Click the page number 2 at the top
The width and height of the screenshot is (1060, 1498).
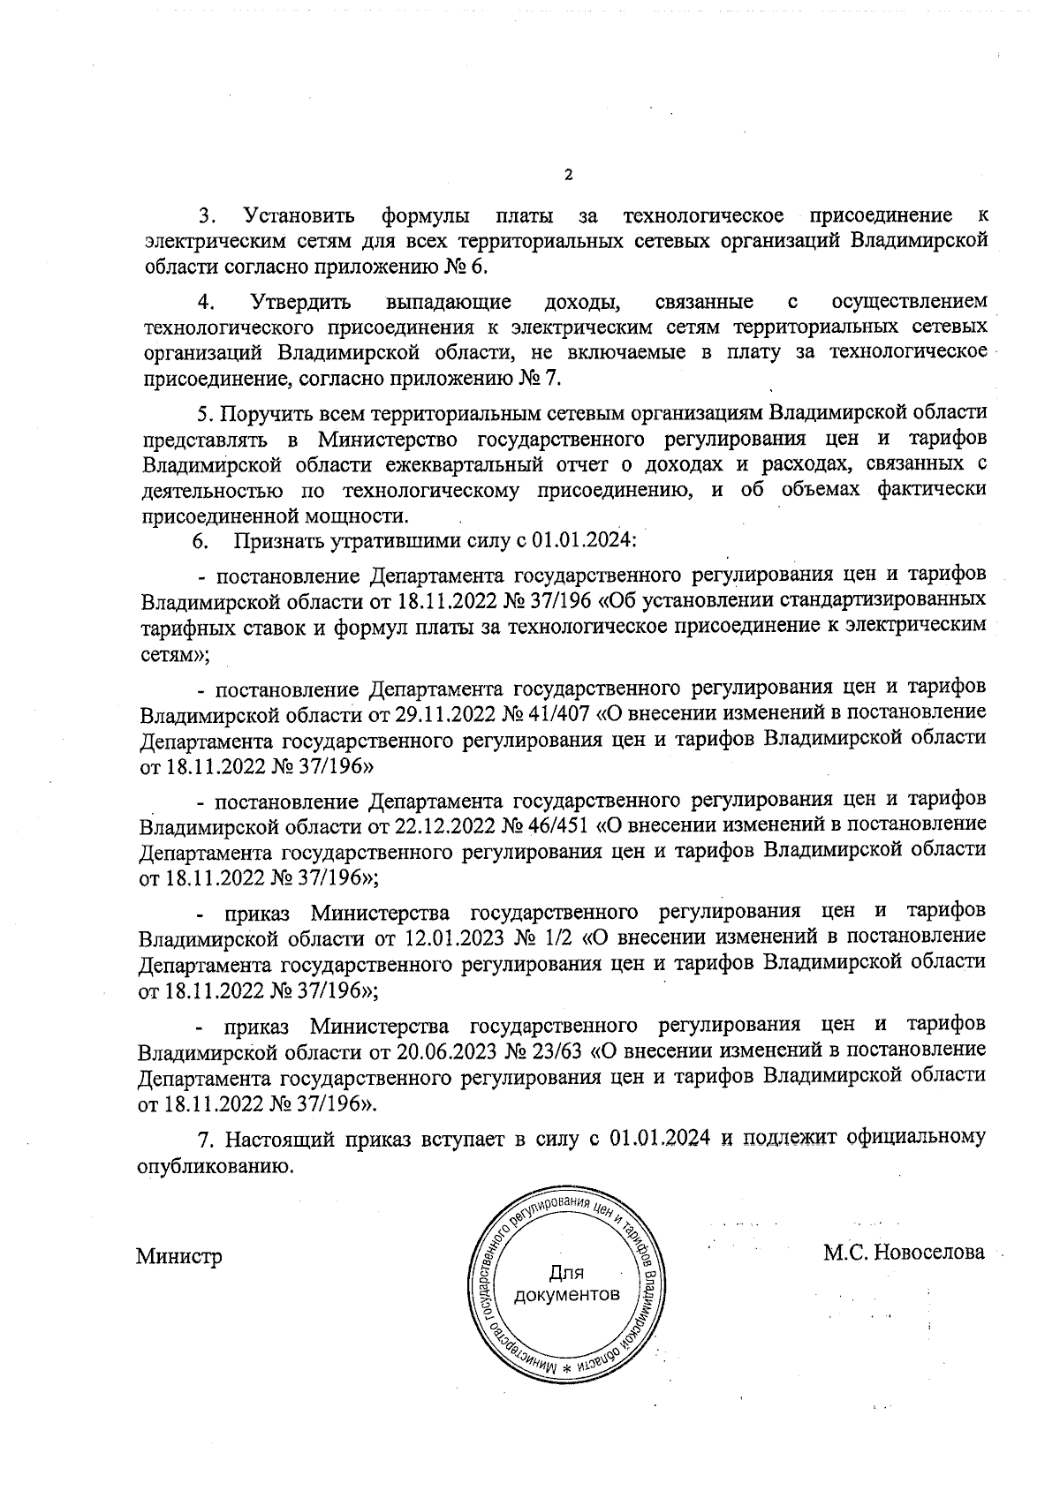[568, 175]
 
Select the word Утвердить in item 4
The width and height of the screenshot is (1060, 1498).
[300, 303]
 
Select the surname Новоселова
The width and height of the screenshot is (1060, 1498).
[928, 1252]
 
